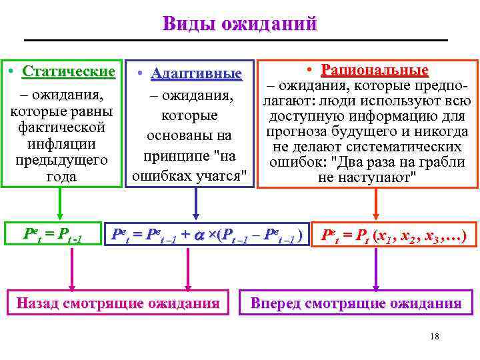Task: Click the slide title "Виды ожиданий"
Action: click(239, 24)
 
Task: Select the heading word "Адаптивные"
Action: click(195, 73)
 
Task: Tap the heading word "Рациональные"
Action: click(375, 70)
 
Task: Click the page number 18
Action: click(435, 336)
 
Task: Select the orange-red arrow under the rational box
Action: click(377, 203)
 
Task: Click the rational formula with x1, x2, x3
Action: click(394, 235)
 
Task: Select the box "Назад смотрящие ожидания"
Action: click(118, 303)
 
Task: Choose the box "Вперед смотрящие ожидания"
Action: click(355, 304)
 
